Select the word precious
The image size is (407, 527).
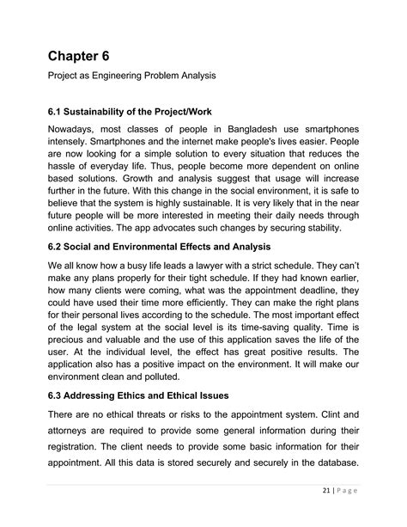tap(71, 372)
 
